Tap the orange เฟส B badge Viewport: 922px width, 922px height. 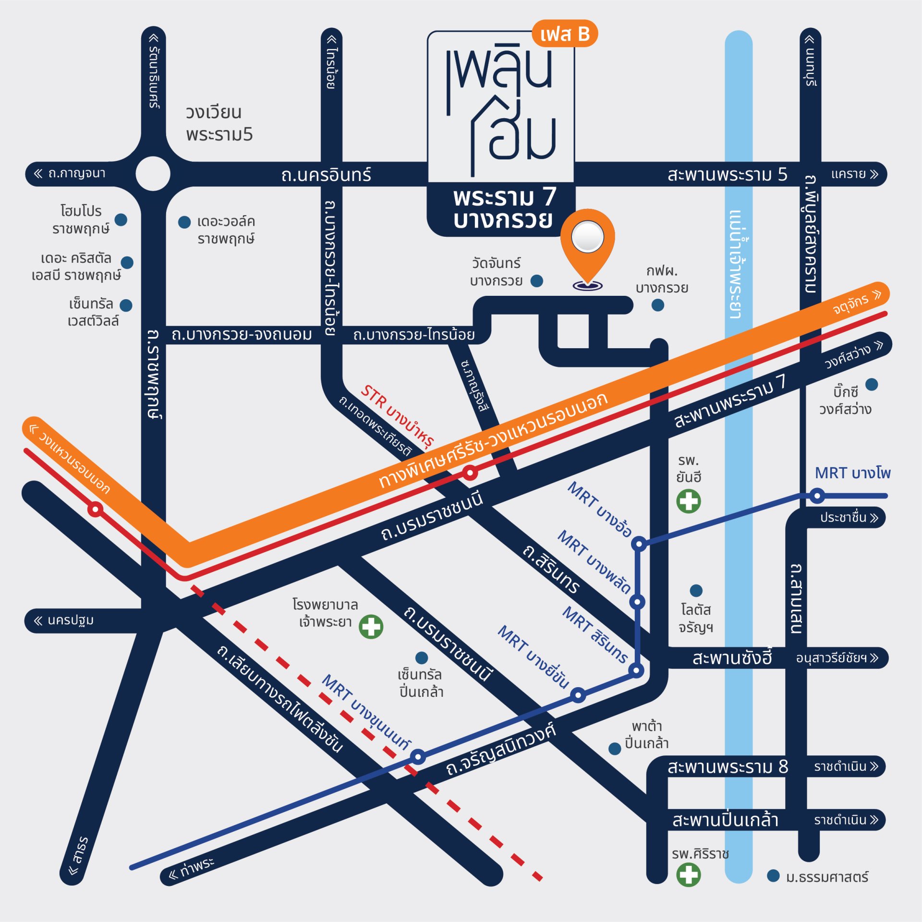[x=565, y=34]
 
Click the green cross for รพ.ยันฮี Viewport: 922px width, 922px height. [x=689, y=501]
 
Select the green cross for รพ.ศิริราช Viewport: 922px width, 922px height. [x=689, y=874]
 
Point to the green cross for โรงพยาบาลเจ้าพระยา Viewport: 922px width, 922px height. [x=371, y=627]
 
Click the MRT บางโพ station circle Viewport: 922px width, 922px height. [x=817, y=496]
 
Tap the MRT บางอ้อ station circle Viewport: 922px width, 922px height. [x=639, y=544]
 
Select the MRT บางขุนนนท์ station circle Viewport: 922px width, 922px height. [x=418, y=757]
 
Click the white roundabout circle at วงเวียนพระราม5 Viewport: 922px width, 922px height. [x=153, y=174]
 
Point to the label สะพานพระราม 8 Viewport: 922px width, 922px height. [x=728, y=766]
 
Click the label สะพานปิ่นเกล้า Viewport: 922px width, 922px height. [x=725, y=820]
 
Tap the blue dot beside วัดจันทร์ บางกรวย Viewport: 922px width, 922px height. [x=537, y=281]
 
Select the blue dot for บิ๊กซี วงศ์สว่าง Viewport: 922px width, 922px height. [x=872, y=384]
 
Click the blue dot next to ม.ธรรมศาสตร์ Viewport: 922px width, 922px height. [x=773, y=876]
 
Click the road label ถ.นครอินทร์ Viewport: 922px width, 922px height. [x=326, y=175]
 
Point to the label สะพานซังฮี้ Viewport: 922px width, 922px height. [x=732, y=658]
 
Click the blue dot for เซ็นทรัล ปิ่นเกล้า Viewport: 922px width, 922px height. [x=422, y=657]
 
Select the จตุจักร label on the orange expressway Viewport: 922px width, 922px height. [x=850, y=304]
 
